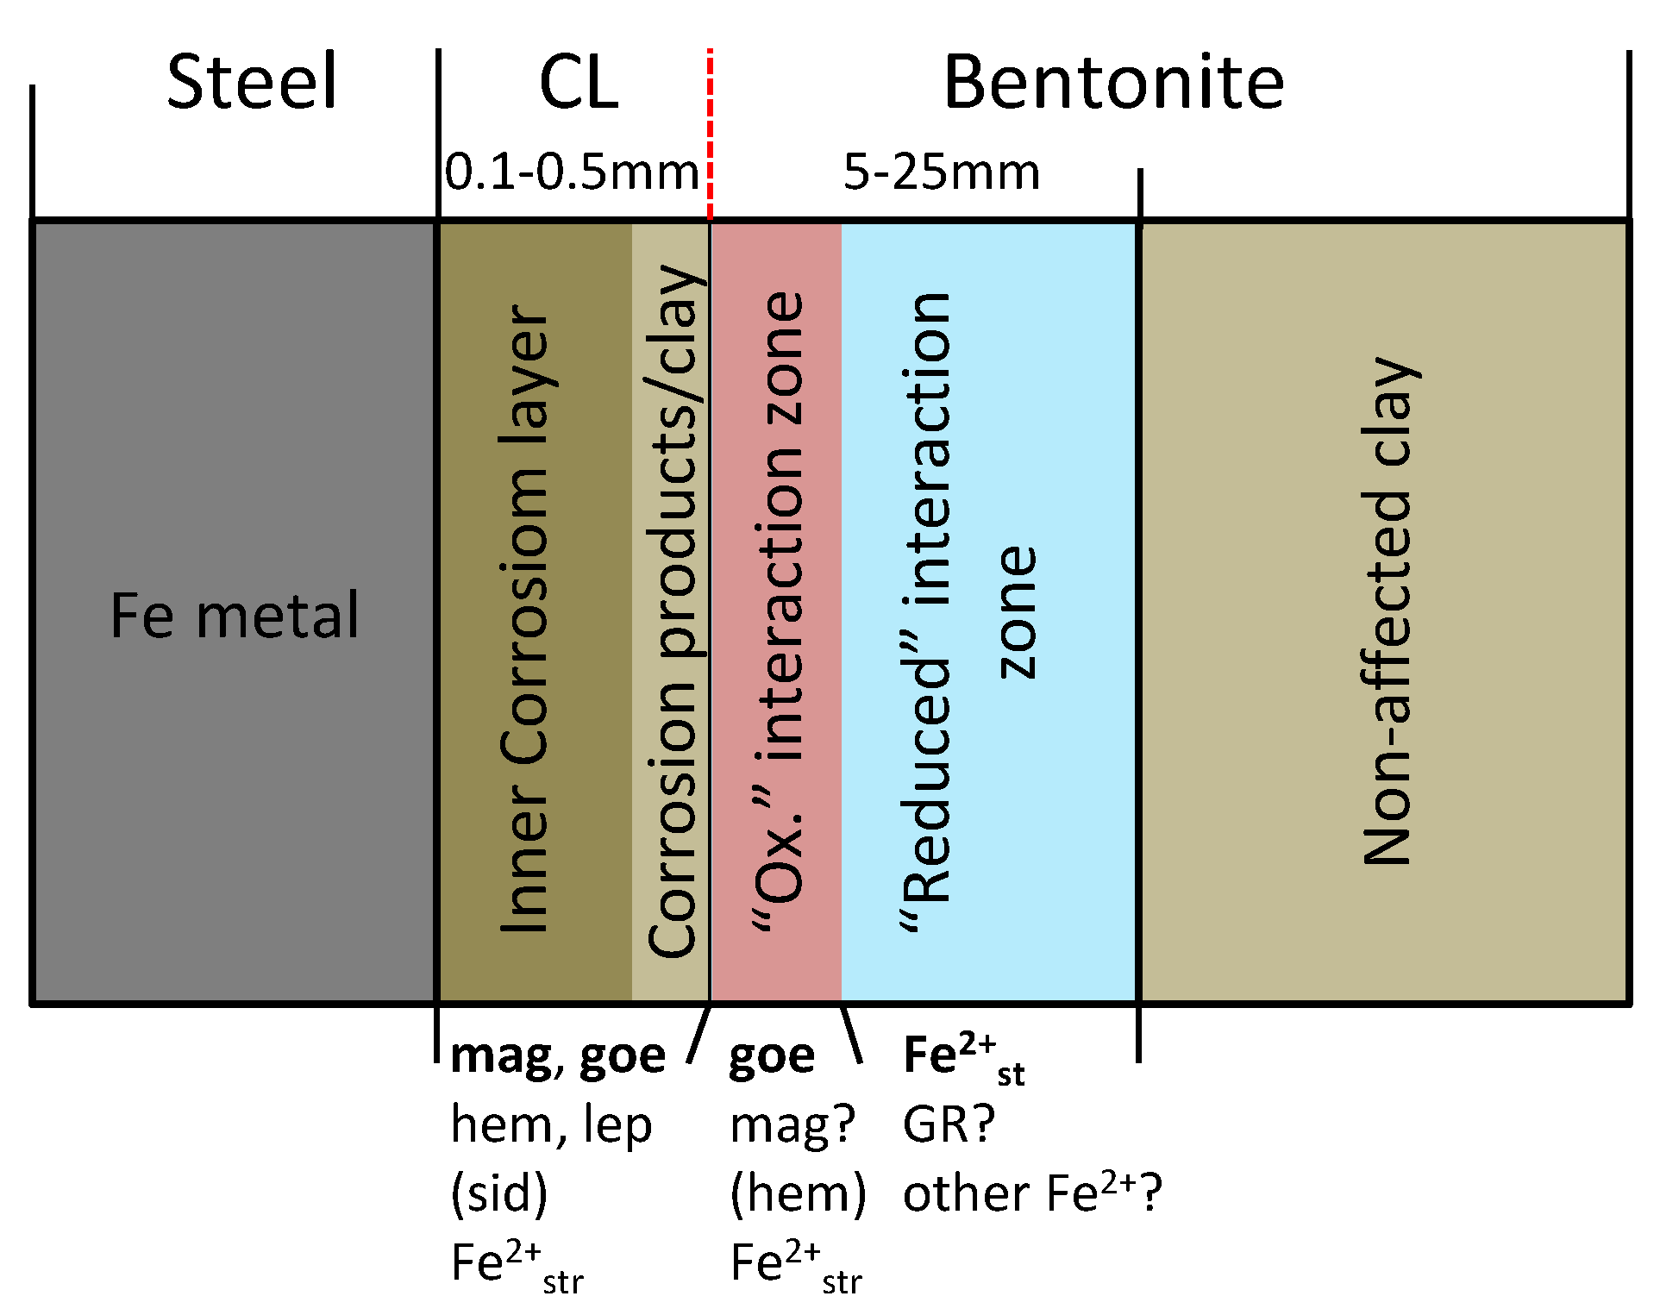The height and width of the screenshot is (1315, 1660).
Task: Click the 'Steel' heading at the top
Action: pos(251,82)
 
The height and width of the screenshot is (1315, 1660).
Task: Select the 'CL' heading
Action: pos(579,84)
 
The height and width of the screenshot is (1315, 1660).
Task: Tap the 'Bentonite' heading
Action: pos(1113,82)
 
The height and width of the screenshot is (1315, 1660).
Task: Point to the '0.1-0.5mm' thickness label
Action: pos(572,172)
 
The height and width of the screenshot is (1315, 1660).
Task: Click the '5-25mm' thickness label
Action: pos(941,172)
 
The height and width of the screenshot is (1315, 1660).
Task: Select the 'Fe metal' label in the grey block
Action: pos(234,616)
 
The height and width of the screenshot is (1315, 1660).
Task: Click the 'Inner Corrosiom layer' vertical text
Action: pos(524,618)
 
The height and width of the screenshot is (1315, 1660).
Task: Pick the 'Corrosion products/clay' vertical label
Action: pos(673,611)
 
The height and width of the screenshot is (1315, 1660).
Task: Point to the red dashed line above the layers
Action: pos(710,134)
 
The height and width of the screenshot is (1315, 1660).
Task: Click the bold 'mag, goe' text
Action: pos(558,1055)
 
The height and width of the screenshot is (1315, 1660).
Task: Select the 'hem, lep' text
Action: pos(551,1124)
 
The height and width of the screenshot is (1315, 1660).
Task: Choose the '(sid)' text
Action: pos(498,1193)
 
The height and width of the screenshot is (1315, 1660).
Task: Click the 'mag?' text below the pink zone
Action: pos(792,1124)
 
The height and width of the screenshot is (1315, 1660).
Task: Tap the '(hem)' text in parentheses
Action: pos(798,1193)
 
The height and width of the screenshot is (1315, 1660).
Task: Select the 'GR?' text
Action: pos(949,1124)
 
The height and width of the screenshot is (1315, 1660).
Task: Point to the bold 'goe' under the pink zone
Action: pos(772,1055)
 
